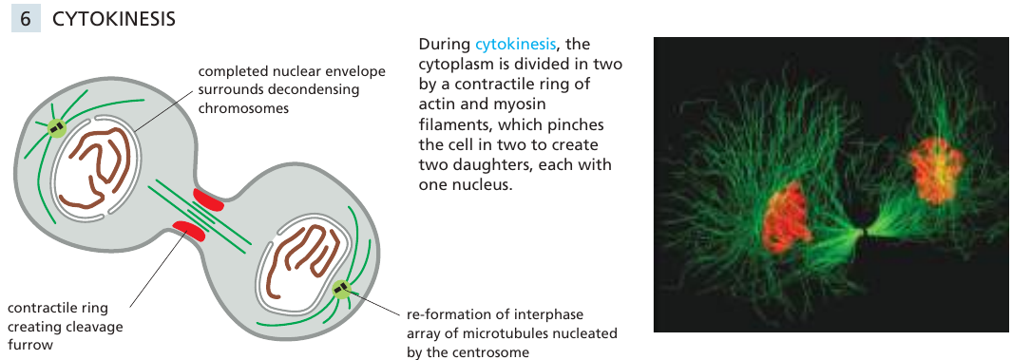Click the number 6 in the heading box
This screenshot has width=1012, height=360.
click(26, 18)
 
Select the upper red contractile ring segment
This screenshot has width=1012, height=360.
click(208, 199)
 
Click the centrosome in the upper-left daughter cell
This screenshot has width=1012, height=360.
click(56, 126)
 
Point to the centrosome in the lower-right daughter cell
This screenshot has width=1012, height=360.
click(340, 288)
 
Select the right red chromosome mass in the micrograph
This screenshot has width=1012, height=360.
click(937, 169)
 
